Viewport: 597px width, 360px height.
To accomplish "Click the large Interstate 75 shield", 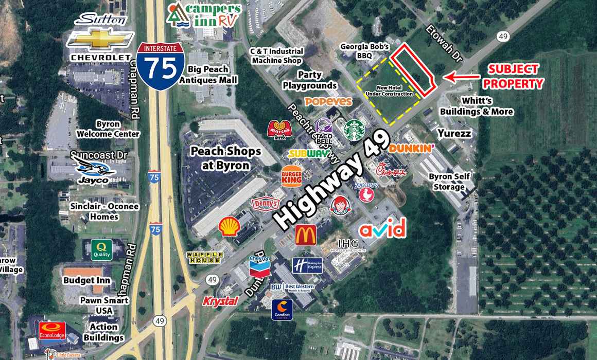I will (x=161, y=66).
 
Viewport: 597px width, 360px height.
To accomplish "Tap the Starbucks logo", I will (x=354, y=130).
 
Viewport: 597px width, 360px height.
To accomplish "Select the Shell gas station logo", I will (x=229, y=226).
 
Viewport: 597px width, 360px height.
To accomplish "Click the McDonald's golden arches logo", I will (x=305, y=235).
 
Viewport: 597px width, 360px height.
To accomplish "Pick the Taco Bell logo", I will (x=324, y=131).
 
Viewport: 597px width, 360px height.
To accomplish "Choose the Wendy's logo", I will (x=339, y=203).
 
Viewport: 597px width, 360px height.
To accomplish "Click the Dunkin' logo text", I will (x=412, y=149).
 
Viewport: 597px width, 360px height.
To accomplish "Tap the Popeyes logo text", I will (x=328, y=101).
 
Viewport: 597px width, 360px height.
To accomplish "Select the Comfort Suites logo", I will (x=283, y=309).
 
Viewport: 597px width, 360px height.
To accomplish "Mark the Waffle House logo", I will (x=204, y=258).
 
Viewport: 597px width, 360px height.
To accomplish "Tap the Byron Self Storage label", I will (x=449, y=182).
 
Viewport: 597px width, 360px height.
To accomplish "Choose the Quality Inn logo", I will (x=101, y=249).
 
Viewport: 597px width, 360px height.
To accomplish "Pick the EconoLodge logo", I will (x=52, y=330).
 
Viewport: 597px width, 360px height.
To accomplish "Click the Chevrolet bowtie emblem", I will (x=101, y=40).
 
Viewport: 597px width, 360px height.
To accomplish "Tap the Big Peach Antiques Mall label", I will (x=208, y=75).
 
